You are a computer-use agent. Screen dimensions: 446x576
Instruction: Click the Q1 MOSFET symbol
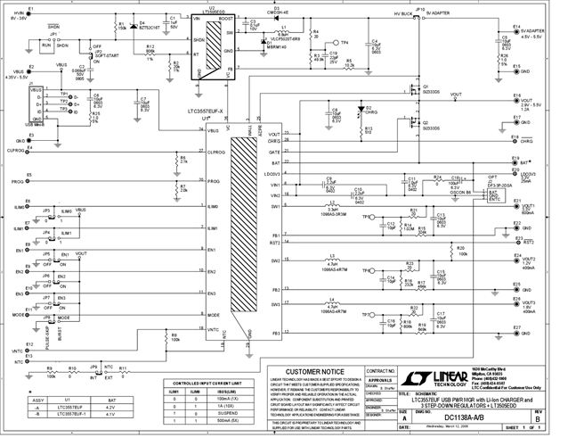412,91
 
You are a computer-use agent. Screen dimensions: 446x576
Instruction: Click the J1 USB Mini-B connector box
36,105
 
